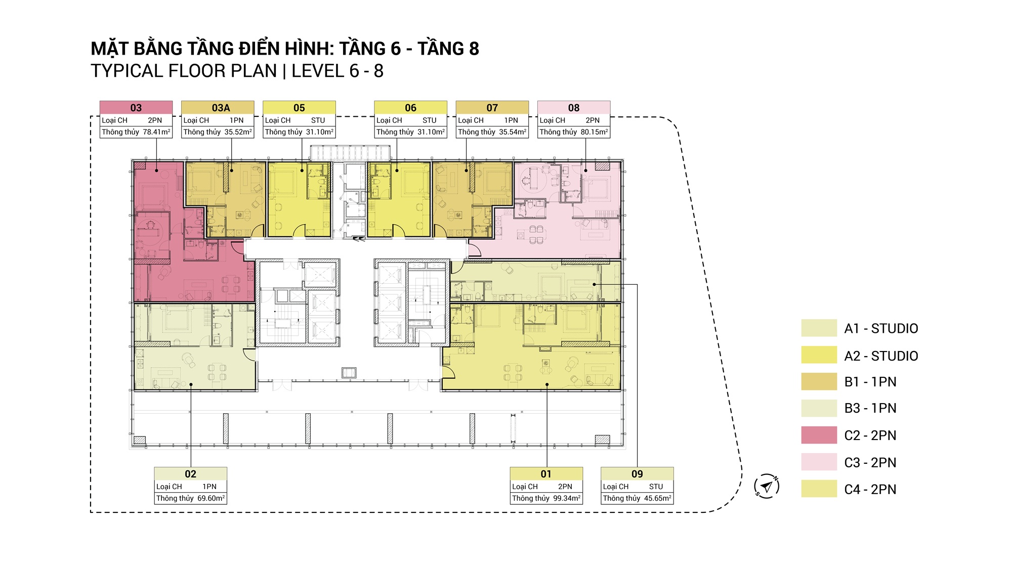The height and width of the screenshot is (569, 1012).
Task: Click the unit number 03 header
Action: (x=136, y=108)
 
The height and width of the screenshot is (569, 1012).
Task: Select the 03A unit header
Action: (x=221, y=108)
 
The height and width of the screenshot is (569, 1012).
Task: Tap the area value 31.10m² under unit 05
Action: (x=320, y=132)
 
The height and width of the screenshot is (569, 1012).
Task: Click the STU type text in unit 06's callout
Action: (x=430, y=120)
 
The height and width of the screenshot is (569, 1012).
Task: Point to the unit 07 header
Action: (x=492, y=108)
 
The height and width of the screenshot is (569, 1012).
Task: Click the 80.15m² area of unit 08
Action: (x=594, y=132)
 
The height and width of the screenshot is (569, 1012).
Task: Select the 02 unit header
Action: (x=191, y=474)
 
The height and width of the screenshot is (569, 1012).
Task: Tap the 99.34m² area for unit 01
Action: (x=567, y=498)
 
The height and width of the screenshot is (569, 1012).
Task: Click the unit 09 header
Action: (x=637, y=474)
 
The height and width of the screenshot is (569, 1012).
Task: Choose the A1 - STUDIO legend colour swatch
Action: (x=819, y=328)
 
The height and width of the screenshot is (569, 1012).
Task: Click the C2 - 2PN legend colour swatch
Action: (x=819, y=435)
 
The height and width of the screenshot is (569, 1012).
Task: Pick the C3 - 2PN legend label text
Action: (x=870, y=463)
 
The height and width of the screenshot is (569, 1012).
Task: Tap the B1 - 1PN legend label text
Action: (x=870, y=382)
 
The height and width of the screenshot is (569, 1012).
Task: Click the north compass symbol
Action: (x=767, y=487)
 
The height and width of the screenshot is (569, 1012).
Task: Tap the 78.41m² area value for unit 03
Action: (x=156, y=132)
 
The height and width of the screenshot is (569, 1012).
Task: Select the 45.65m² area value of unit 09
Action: (x=658, y=498)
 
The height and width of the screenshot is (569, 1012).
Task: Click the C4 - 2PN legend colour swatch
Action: (x=819, y=489)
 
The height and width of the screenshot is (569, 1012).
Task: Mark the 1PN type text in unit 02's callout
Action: (x=209, y=487)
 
